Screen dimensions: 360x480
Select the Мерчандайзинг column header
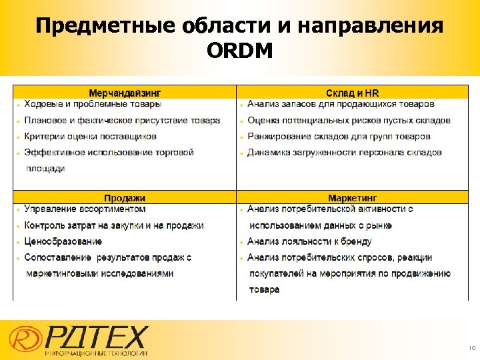[125, 93]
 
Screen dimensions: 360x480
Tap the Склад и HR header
[352, 93]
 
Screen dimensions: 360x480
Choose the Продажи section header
[125, 198]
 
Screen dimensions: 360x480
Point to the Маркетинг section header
[352, 198]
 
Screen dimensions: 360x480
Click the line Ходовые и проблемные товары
[93, 104]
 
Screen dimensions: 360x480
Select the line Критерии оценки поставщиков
[90, 136]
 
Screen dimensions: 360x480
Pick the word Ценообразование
[63, 241]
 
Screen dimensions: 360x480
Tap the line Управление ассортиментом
[85, 209]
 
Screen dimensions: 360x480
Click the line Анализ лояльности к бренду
[309, 241]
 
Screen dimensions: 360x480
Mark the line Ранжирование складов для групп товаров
[339, 136]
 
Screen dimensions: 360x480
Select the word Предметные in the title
[103, 27]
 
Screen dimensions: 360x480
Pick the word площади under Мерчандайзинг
[45, 169]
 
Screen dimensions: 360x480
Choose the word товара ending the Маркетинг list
[264, 290]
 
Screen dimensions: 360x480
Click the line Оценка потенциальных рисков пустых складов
[349, 120]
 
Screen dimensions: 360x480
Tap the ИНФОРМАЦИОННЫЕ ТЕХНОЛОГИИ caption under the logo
[97, 352]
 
